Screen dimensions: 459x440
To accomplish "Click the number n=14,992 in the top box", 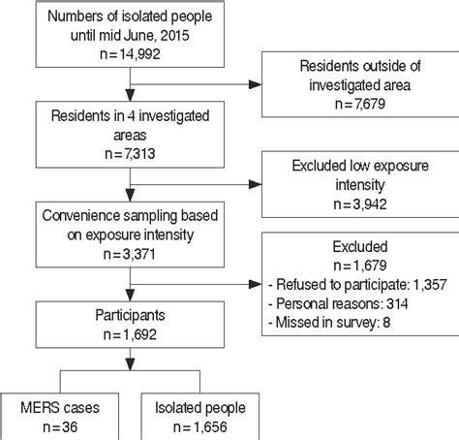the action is (130, 54).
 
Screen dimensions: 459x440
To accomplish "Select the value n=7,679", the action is (360, 104).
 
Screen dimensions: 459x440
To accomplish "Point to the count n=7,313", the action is (130, 154).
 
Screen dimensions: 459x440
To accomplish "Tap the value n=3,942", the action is (360, 204).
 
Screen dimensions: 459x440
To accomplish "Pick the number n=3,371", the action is (130, 254).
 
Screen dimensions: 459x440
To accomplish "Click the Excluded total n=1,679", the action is (360, 266).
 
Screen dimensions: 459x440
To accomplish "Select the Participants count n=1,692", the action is (130, 334).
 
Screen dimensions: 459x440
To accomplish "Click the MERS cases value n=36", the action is (60, 427).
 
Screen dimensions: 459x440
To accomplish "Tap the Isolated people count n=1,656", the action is (200, 427).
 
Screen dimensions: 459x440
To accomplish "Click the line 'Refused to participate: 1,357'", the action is (357, 285).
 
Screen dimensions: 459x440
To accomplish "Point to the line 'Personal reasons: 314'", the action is (338, 303).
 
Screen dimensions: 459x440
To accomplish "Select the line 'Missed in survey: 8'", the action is (329, 323).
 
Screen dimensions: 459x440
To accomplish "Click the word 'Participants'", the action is (130, 315).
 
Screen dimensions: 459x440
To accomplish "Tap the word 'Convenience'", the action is (81, 216).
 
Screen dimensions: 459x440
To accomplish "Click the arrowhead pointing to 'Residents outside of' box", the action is (255, 84).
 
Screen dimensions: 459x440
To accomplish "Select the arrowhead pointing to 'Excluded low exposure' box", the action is (255, 184).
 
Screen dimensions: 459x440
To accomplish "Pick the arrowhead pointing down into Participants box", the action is (130, 295).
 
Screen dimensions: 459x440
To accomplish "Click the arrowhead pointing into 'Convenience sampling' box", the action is (130, 195).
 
